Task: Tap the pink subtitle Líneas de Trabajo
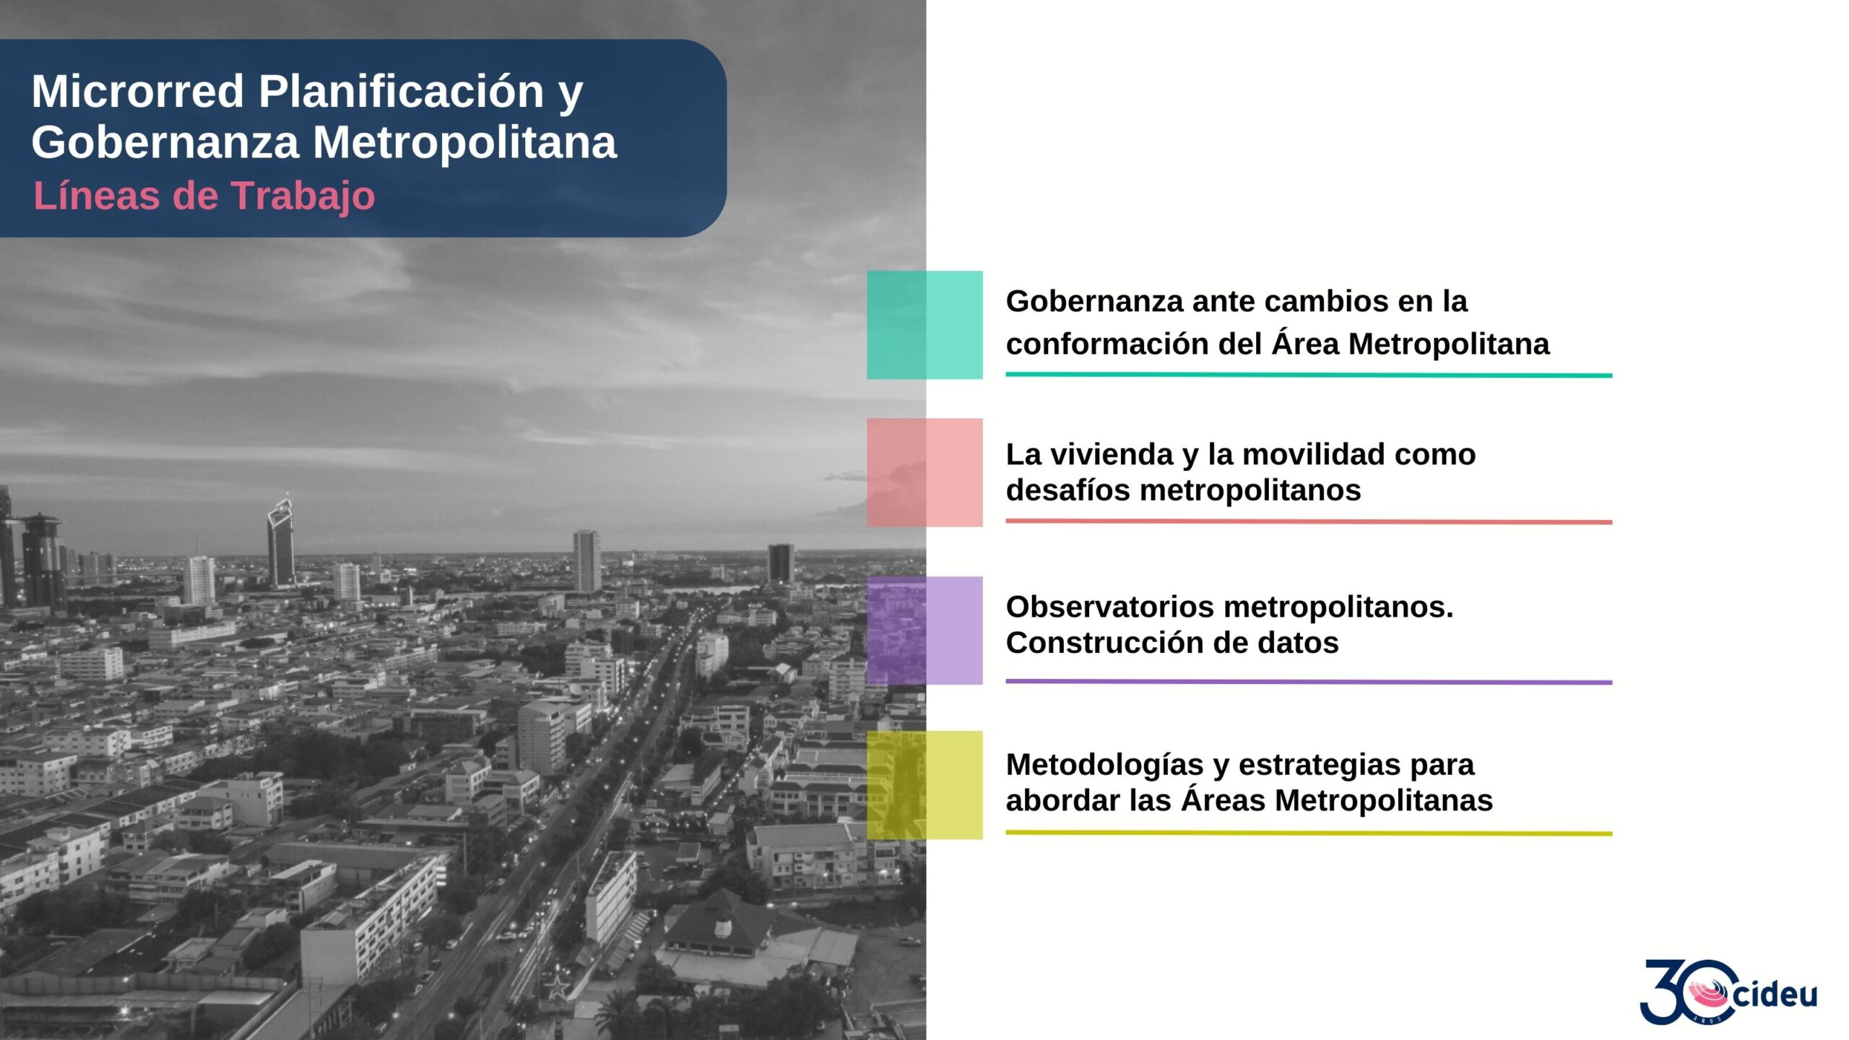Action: click(x=204, y=196)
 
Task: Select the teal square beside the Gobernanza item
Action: click(x=924, y=325)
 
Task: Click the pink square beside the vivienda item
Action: click(x=924, y=472)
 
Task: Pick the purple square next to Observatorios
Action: click(x=924, y=630)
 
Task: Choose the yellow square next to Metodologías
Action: click(x=924, y=785)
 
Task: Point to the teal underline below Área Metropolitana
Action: click(x=1309, y=375)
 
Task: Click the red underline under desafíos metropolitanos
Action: click(x=1309, y=521)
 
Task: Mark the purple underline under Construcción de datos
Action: click(x=1309, y=682)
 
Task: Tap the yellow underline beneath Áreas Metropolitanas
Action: click(x=1309, y=833)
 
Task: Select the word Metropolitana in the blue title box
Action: click(x=465, y=142)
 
